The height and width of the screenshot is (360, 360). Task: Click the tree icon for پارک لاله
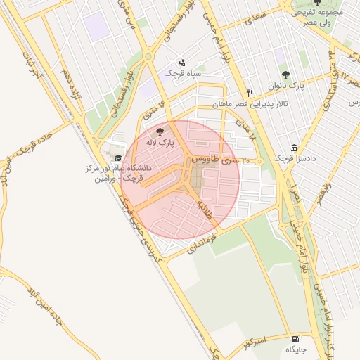coord(160,131)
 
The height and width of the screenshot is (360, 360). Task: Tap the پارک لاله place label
coord(160,143)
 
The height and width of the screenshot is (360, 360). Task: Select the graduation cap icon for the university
coord(118,157)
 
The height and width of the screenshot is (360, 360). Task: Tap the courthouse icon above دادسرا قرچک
coord(293,148)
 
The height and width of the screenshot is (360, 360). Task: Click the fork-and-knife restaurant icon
coord(250,93)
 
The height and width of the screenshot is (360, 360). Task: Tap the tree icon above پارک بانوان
coord(285,74)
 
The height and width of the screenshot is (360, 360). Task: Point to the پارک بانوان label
coord(288,85)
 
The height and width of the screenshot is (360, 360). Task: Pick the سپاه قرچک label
coord(183,72)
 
